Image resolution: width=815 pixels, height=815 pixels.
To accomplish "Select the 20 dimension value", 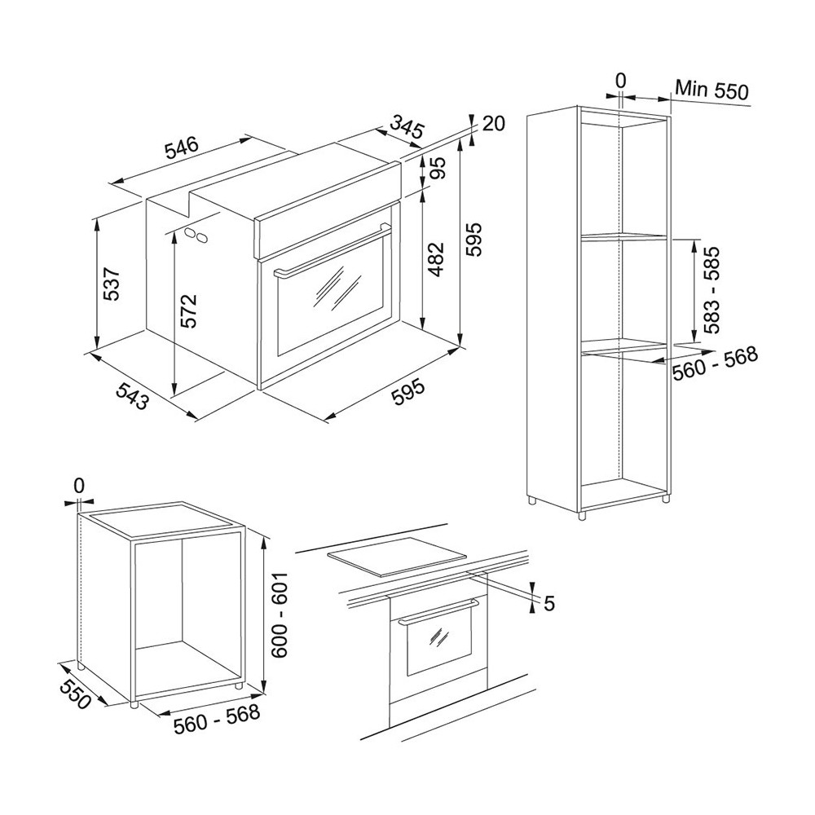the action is [x=493, y=124].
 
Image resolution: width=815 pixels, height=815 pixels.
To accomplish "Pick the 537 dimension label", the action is [x=112, y=284].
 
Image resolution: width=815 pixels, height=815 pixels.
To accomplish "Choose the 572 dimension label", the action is [x=189, y=311].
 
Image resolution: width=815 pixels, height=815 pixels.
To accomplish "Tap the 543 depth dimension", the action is [x=131, y=395].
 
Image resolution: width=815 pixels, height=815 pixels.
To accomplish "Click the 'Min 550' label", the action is [x=711, y=90].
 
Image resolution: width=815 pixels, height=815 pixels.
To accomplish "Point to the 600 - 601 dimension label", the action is [x=279, y=616].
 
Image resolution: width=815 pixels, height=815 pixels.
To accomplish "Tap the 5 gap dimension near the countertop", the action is [x=550, y=603].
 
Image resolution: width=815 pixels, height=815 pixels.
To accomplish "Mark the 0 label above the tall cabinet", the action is [x=620, y=81].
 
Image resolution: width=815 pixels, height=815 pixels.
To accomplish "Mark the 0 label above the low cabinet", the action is [x=78, y=486].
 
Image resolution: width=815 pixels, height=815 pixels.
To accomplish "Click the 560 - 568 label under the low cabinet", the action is [x=217, y=718].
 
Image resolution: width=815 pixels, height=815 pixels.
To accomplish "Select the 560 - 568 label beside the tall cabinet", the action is [x=716, y=363].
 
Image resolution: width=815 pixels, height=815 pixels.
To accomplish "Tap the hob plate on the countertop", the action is [x=398, y=563].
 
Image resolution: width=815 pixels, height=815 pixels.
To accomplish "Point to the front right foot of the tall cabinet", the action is [x=582, y=515].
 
